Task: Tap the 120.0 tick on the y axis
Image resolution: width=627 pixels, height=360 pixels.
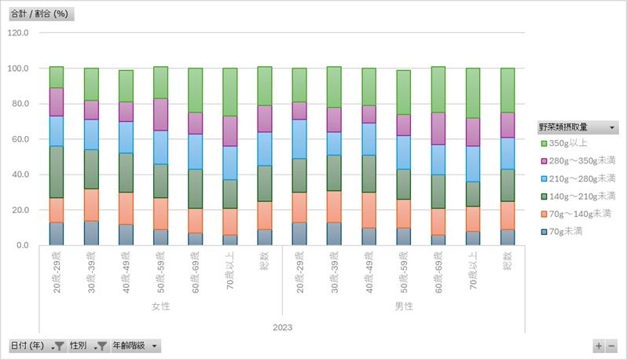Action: coord(17,33)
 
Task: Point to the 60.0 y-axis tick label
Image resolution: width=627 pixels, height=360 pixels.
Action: coord(19,139)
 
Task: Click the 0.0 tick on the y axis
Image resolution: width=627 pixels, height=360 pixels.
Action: coord(21,245)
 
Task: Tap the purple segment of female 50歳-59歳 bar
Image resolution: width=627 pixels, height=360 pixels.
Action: coord(160,114)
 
